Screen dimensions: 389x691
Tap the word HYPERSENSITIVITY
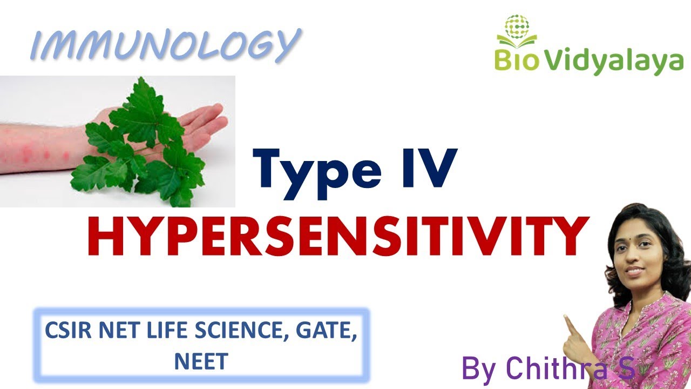[x=337, y=238]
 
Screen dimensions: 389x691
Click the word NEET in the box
[x=200, y=361]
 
